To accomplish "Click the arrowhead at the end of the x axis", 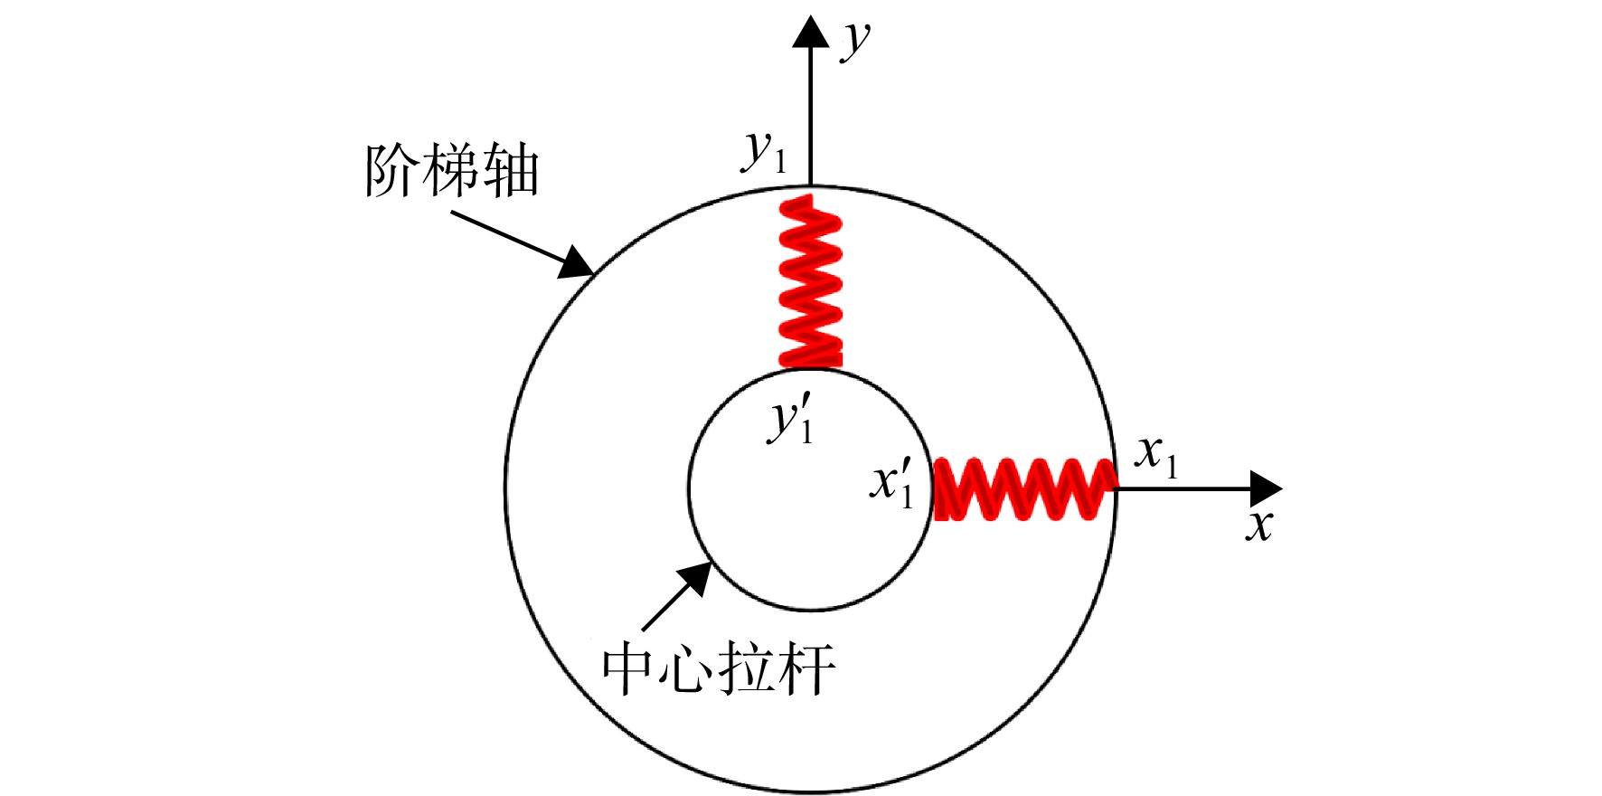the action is pos(1266,488).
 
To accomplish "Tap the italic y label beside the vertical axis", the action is pos(854,41).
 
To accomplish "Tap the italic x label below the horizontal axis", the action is pos(1258,526).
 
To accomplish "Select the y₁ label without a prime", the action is pos(765,151).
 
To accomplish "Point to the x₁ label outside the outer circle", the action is pos(1157,456).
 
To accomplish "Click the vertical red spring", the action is pos(810,281).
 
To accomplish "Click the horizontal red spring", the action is pos(1023,488).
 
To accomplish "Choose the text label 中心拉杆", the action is pos(719,668).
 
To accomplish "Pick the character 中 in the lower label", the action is pos(630,668).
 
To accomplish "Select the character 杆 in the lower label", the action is pos(807,668).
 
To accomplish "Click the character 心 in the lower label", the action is pos(689,668).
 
